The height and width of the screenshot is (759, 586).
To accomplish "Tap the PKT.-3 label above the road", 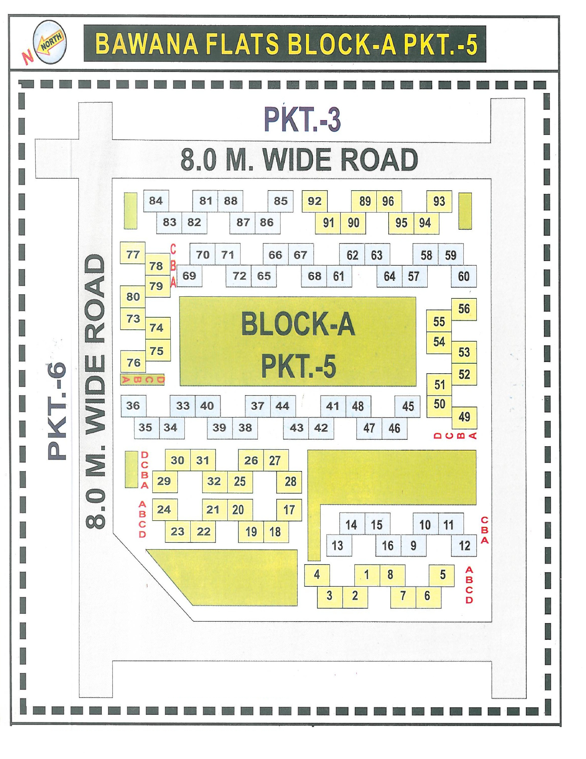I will coord(302,119).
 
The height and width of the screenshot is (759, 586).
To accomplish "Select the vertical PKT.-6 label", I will coord(56,411).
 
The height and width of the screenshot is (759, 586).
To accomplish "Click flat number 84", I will coord(156,201).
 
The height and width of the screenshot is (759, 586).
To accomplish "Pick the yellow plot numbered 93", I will coord(439,201).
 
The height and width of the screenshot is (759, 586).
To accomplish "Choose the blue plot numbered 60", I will coord(464,277).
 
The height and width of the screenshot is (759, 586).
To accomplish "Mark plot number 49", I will coord(464,417).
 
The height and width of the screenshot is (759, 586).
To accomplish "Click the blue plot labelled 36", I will coord(133,405).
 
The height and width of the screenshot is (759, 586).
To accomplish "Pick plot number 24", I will coord(164,509).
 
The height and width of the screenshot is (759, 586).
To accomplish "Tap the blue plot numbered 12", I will coord(464,546).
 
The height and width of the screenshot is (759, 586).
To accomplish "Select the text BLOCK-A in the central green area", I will coord(298,324).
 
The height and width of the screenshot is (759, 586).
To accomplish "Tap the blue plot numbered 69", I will coord(189,276).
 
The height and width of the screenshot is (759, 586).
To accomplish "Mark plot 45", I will coord(408,406).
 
